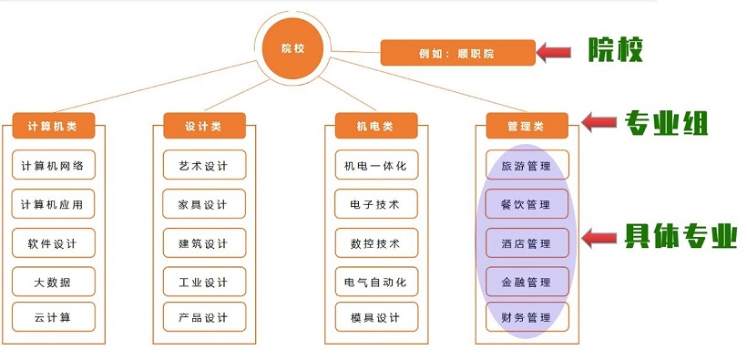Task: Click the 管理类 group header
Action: (x=526, y=126)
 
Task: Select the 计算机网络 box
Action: (x=53, y=166)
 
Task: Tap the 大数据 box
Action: (x=53, y=282)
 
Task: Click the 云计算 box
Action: (x=53, y=317)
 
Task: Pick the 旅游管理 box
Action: (x=526, y=166)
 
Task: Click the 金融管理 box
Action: (x=526, y=282)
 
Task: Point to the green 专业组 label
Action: (x=666, y=122)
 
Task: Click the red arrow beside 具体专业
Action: (x=601, y=239)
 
